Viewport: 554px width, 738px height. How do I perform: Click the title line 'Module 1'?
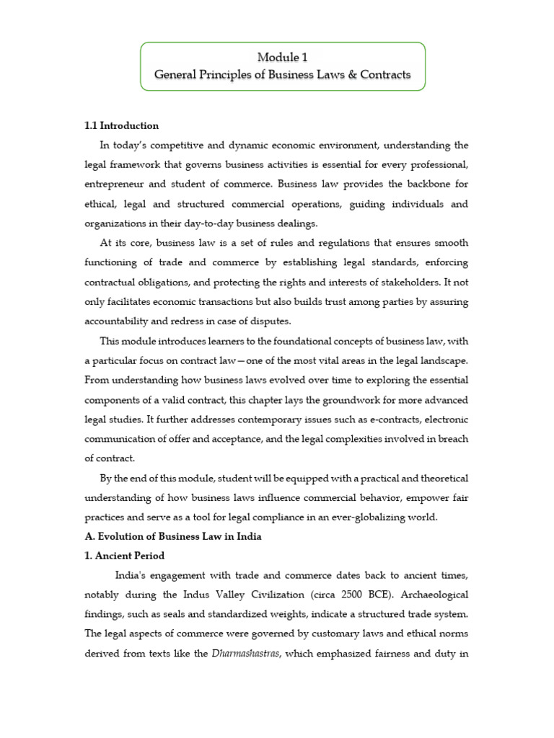click(x=283, y=57)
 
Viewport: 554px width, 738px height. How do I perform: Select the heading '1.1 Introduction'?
click(x=121, y=126)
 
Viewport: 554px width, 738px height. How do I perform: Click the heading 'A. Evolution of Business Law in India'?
click(x=173, y=536)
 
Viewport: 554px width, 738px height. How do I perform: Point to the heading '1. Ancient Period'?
click(x=125, y=556)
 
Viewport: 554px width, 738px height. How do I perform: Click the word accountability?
click(x=121, y=321)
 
